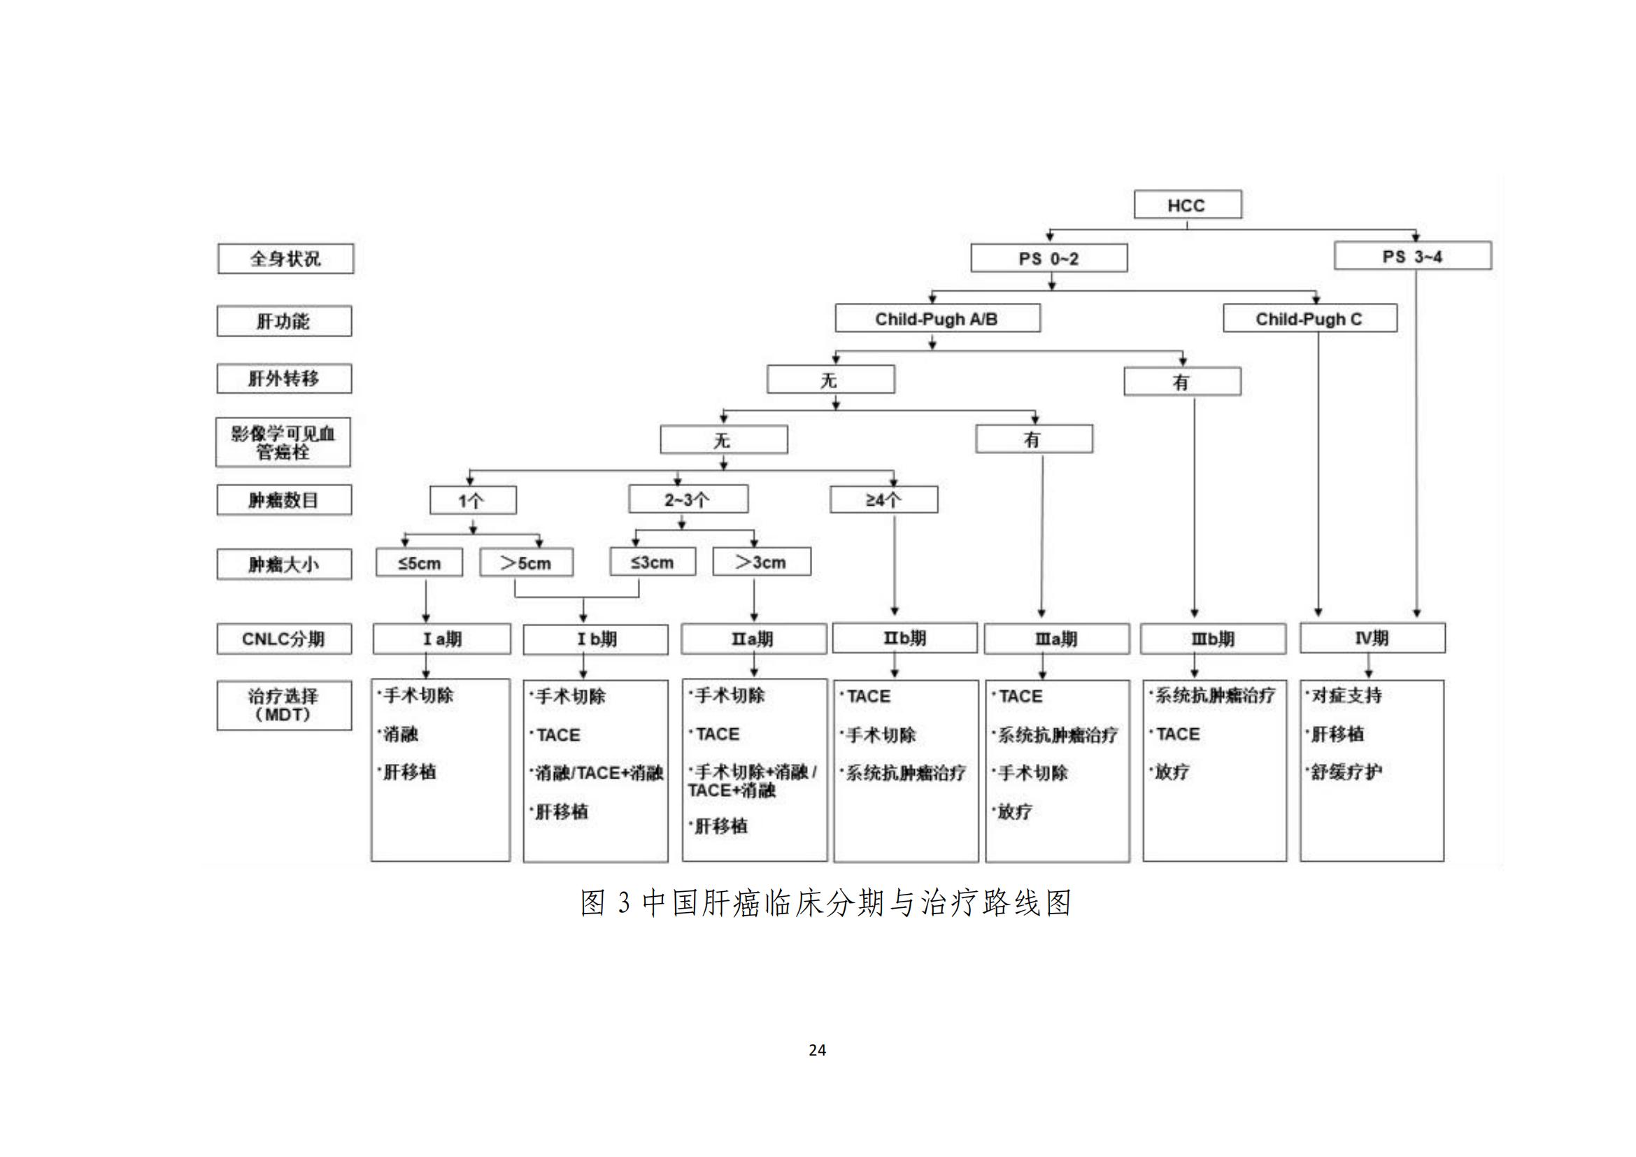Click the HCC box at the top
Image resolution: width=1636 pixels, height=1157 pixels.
1187,204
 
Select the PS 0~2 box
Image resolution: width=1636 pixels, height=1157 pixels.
1049,258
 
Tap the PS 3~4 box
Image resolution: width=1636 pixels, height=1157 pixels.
1412,256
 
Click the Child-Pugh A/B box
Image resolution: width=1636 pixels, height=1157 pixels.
937,318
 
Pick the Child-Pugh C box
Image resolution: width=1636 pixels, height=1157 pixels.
1309,318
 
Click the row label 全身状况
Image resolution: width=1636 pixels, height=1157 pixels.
285,259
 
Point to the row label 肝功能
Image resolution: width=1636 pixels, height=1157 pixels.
283,321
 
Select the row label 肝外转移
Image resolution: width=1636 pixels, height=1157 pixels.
283,378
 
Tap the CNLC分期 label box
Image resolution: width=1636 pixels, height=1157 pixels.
283,639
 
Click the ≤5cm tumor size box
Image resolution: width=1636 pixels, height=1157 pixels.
419,563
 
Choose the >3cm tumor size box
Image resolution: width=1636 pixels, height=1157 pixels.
761,562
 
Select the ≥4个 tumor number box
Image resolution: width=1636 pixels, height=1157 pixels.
883,499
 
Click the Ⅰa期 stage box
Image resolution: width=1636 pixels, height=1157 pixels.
442,639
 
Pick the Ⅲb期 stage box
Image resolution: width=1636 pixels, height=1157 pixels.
1213,639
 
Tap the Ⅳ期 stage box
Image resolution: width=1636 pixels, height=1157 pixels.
1372,638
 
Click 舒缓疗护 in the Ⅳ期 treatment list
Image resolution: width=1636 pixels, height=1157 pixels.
1346,772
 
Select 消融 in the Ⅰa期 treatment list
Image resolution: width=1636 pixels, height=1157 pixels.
401,734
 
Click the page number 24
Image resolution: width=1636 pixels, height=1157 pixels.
817,1050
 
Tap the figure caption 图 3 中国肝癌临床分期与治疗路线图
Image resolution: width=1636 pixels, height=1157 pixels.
826,902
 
